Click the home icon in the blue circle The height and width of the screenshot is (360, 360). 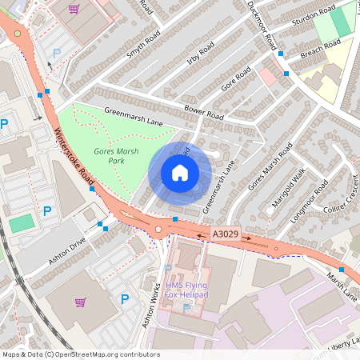click(180, 173)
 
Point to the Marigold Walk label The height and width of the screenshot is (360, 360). click(289, 190)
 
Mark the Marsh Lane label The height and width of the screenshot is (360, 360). click(342, 281)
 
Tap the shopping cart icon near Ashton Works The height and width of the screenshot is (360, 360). click(80, 302)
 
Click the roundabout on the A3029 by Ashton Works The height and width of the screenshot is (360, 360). click(158, 230)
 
